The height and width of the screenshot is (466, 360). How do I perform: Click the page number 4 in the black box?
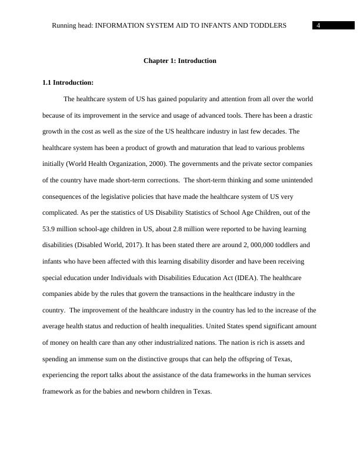(318, 25)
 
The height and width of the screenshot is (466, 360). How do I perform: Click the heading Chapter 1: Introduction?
(180, 61)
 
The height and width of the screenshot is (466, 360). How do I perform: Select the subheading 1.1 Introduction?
(68, 82)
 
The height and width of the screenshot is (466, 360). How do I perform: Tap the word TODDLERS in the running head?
(268, 25)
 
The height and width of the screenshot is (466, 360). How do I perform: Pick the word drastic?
(303, 115)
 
